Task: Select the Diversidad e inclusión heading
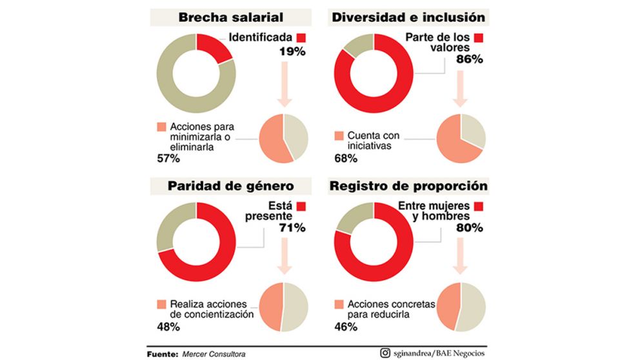(408, 17)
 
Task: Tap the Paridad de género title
(230, 186)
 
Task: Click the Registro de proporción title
(408, 186)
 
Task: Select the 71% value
(292, 228)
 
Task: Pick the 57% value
(167, 157)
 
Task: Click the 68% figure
(345, 157)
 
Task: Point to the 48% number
(167, 326)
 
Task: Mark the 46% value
(345, 326)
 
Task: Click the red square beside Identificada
(301, 37)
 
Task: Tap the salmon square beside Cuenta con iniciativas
(339, 136)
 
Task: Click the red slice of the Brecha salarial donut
(216, 48)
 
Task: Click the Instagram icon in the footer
(385, 352)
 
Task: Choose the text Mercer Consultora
(214, 354)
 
